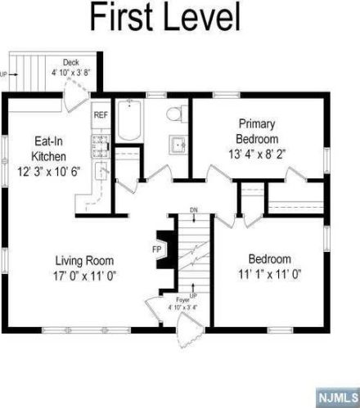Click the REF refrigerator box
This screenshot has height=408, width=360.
tap(101, 115)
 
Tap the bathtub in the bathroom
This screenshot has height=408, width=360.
tap(130, 120)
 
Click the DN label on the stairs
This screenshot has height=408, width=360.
tap(192, 210)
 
